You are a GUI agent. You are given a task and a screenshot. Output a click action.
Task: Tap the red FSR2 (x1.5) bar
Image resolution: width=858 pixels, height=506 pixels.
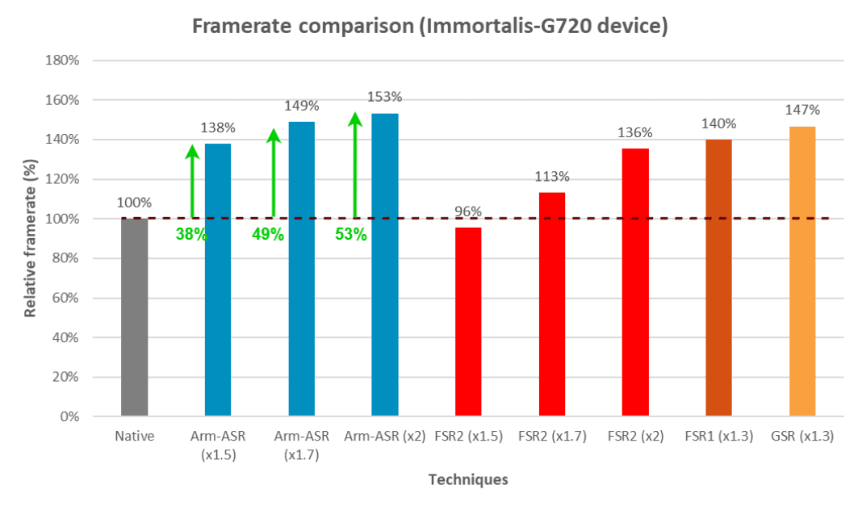468,322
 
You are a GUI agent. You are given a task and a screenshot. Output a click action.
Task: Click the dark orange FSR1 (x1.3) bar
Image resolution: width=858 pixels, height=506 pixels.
718,278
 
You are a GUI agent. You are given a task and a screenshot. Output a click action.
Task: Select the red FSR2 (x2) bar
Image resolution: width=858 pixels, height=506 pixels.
635,282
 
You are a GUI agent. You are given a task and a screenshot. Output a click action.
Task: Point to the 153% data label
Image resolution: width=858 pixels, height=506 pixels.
384,97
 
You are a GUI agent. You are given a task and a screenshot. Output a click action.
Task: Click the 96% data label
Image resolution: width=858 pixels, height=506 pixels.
468,211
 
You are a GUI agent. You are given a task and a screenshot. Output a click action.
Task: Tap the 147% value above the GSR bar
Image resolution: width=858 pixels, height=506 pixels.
801,110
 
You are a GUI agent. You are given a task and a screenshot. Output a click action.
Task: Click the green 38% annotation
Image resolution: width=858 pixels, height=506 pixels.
191,235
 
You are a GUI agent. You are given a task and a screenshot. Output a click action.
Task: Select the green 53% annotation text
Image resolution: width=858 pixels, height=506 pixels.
351,235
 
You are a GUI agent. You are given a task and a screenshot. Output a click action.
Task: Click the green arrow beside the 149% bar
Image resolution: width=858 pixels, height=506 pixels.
273,174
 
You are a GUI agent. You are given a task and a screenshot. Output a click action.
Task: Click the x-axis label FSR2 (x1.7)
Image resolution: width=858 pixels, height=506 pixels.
551,437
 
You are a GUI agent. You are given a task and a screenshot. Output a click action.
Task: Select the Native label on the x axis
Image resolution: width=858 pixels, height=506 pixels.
134,437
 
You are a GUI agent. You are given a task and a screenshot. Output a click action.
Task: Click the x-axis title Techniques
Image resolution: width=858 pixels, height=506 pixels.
468,479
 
